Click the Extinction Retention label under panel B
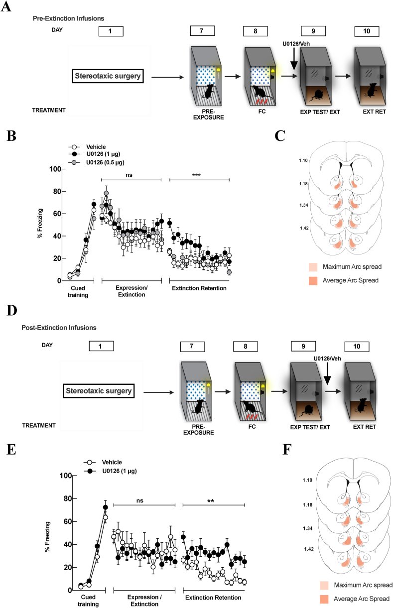(x=199, y=288)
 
